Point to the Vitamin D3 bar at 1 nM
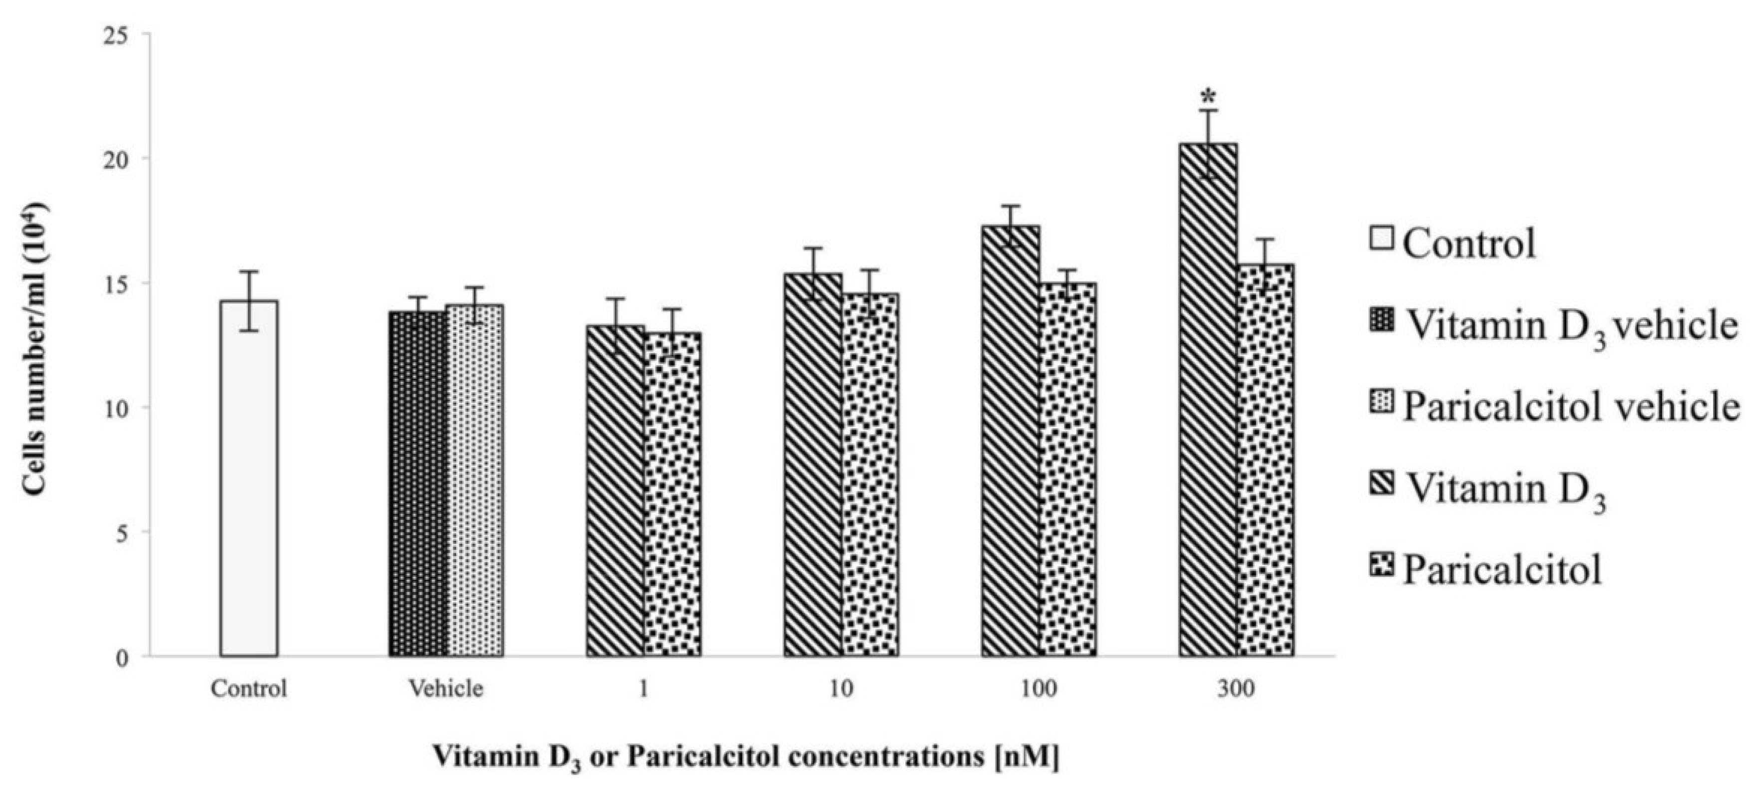coord(615,490)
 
